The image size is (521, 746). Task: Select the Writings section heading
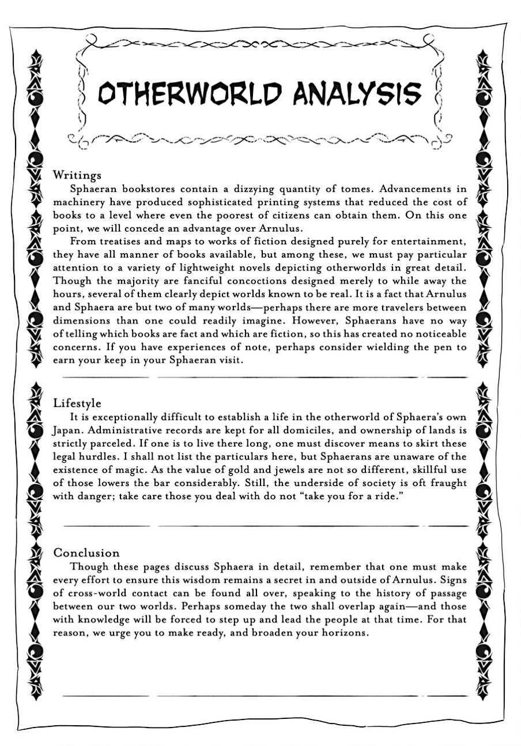point(77,174)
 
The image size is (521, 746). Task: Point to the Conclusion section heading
point(86,553)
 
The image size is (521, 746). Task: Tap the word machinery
point(80,202)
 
